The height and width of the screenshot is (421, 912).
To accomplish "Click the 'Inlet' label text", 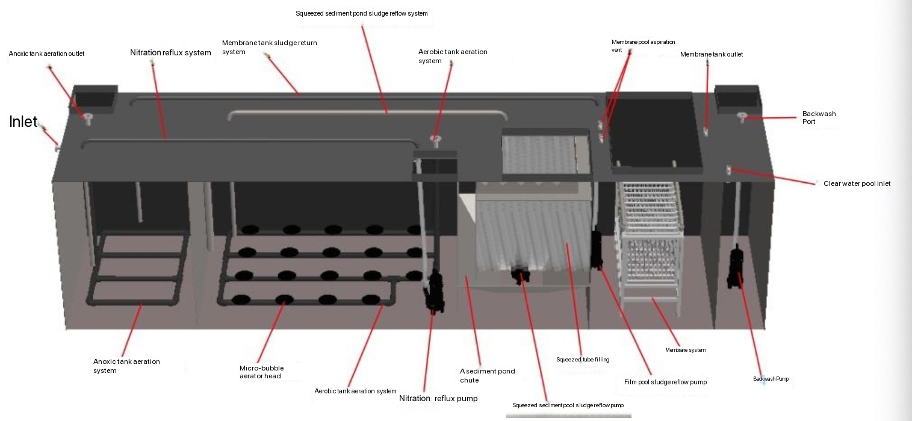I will tap(23, 121).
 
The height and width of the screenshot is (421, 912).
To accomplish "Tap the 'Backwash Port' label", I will tap(819, 117).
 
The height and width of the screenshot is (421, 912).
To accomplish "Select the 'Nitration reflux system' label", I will tap(170, 53).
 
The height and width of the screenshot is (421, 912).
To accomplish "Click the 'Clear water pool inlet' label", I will tap(857, 183).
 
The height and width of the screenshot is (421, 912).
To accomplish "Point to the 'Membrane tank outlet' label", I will tap(711, 55).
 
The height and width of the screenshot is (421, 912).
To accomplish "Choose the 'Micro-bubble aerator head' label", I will tap(261, 372).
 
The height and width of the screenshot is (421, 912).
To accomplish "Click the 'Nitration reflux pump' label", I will tap(438, 398).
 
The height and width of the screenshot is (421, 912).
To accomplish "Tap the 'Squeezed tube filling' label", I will tap(583, 360).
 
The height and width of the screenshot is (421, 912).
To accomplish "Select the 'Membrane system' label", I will tap(685, 349).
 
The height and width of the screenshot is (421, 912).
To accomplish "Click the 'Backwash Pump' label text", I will tap(771, 379).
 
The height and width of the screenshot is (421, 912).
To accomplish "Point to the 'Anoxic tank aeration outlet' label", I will tap(46, 54).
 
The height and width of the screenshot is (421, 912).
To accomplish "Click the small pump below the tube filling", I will tap(518, 275).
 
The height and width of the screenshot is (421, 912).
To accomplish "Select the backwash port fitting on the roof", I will tap(742, 116).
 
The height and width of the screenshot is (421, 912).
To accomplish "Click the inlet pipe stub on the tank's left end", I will tap(56, 145).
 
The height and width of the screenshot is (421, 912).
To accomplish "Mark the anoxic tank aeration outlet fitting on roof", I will tap(88, 117).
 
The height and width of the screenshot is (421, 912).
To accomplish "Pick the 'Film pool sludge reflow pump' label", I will tap(665, 382).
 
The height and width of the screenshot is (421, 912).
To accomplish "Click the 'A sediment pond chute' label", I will tap(487, 375).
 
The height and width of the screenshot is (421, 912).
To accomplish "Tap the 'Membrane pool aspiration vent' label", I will tap(643, 46).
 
